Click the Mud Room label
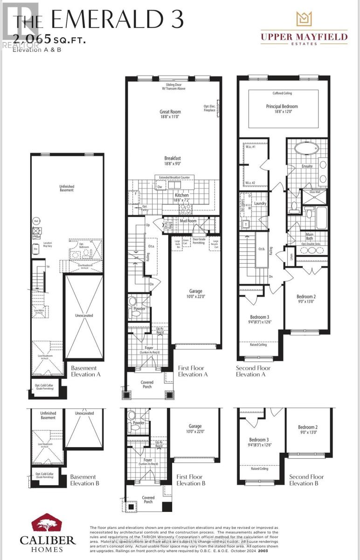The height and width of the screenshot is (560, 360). [x=188, y=221]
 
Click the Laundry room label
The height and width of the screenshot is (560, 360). [x=260, y=203]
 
